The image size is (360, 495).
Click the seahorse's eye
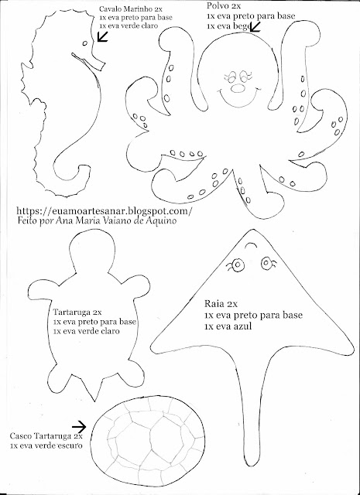tap(84, 43)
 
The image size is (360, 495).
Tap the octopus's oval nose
tap(238, 89)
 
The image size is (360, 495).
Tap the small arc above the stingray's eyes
tap(252, 245)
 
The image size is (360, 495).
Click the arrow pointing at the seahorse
tap(102, 36)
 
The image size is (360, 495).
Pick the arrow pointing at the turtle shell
tap(79, 427)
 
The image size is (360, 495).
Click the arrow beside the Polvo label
tap(255, 27)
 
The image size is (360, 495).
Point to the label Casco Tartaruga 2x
tap(46, 436)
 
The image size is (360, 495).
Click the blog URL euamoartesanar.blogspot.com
tap(104, 210)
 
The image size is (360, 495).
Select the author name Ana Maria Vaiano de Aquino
tap(115, 220)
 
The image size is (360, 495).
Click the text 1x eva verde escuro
tap(46, 445)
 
